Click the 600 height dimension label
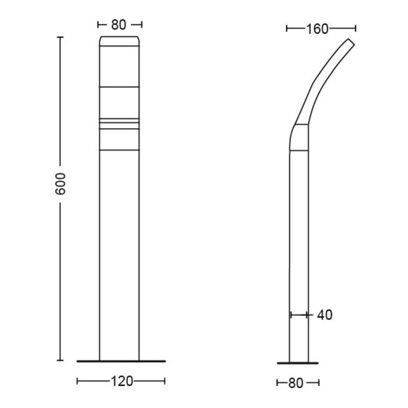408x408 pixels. (x=60, y=184)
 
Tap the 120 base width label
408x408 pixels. (x=122, y=381)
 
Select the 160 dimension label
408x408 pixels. (x=317, y=29)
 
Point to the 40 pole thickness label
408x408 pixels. (x=324, y=315)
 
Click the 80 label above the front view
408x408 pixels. (x=119, y=25)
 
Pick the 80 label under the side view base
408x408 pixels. (x=296, y=383)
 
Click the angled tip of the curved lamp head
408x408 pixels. (x=351, y=42)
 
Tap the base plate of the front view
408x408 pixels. (x=121, y=361)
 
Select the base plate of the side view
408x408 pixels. (x=298, y=363)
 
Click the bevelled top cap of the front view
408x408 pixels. (x=120, y=41)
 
